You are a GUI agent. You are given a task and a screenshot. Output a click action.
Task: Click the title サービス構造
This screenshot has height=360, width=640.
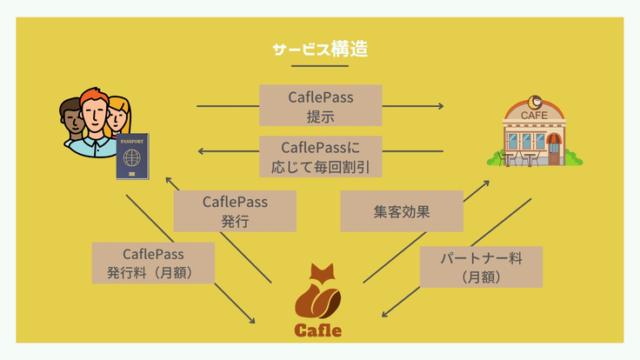click(x=319, y=50)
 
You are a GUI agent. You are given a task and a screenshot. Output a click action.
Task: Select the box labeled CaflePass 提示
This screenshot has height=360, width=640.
click(x=321, y=106)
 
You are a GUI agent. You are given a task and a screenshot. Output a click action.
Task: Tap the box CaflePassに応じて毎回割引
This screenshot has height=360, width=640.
click(x=321, y=157)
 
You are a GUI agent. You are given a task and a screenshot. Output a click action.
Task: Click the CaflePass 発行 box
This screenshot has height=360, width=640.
click(x=235, y=211)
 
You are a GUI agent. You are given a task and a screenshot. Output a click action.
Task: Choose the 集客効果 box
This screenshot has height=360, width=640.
click(x=401, y=211)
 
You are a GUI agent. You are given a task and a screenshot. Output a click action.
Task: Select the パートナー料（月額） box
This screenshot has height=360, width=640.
click(x=480, y=267)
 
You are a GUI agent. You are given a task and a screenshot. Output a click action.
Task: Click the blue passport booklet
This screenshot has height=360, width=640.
click(x=133, y=157)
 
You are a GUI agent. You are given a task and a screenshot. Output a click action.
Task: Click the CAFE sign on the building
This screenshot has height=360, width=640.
click(x=533, y=114)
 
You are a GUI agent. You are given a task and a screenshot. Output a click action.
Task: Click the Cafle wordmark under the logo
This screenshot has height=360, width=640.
click(x=317, y=330)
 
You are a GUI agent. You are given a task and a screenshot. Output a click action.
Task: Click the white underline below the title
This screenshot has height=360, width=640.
click(x=319, y=66)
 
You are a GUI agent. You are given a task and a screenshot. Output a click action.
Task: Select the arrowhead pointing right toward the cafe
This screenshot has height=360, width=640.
click(x=440, y=106)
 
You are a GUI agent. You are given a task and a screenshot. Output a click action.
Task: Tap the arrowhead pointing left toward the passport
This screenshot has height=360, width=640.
click(x=203, y=151)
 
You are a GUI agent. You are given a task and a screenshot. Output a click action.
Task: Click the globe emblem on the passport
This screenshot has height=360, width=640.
click(x=131, y=160)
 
